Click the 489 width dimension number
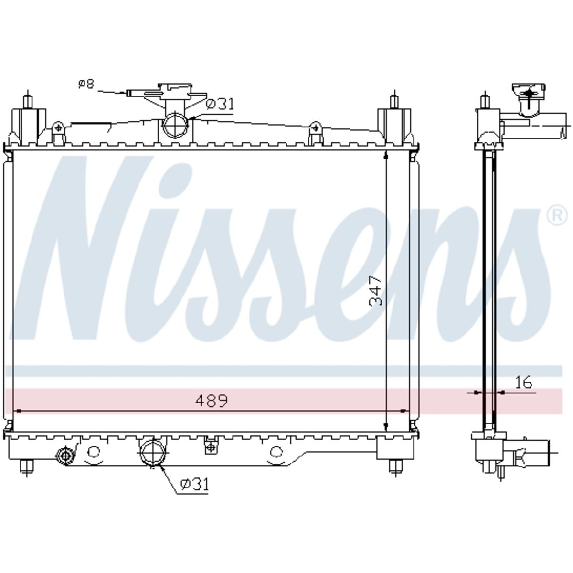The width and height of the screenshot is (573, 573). [212, 401]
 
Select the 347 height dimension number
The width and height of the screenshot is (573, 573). [375, 291]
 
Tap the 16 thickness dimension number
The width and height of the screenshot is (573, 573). [523, 382]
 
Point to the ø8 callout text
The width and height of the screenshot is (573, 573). [86, 84]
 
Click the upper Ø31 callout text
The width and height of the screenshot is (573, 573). [220, 104]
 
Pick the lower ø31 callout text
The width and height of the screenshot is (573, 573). [195, 484]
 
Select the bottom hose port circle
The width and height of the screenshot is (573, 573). [153, 452]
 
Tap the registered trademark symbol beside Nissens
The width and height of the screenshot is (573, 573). [557, 216]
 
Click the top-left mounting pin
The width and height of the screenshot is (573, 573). [28, 100]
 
